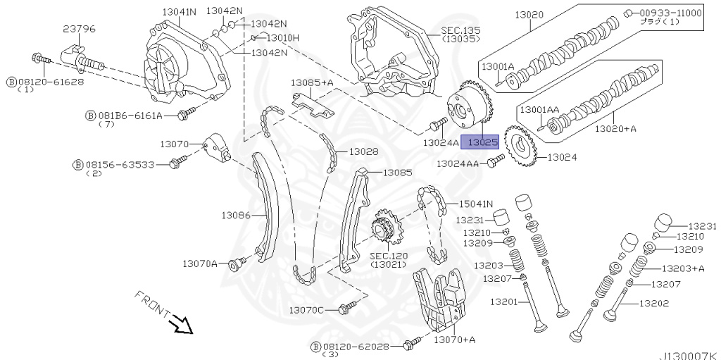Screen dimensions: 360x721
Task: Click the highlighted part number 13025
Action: click(x=479, y=142)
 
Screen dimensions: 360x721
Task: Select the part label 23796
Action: click(x=79, y=29)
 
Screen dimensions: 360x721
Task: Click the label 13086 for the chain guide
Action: click(x=236, y=214)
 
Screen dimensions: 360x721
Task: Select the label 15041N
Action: click(x=476, y=204)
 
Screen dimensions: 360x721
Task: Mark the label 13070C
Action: click(x=307, y=310)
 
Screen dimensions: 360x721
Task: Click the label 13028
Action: click(x=363, y=151)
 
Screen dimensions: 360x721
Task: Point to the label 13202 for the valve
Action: click(x=653, y=304)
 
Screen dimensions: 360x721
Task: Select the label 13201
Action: click(x=504, y=302)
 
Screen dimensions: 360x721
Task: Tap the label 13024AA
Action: click(x=458, y=163)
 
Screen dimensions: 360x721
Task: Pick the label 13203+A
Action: click(x=683, y=268)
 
